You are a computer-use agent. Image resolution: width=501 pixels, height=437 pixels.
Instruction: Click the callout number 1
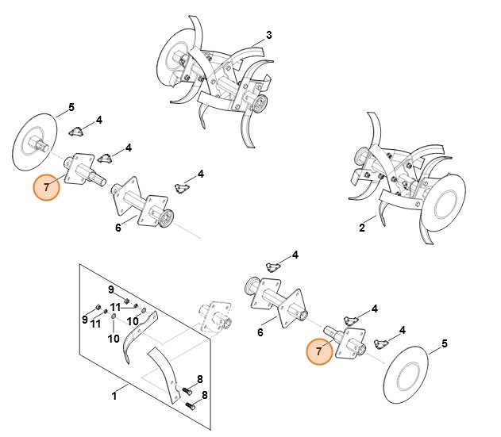(x=114, y=396)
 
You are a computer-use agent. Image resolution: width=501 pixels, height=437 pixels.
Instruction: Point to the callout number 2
(x=362, y=228)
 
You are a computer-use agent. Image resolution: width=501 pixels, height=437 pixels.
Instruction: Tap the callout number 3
(x=269, y=35)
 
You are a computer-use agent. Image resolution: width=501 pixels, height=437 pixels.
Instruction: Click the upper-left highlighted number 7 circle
(x=47, y=187)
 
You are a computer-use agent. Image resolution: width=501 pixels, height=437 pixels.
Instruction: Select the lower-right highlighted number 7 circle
(x=319, y=351)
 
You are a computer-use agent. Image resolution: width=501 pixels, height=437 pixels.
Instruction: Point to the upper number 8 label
(x=200, y=379)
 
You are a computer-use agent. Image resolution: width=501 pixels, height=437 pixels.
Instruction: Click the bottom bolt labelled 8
(x=190, y=406)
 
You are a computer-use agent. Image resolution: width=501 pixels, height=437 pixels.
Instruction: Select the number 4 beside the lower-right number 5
(x=403, y=330)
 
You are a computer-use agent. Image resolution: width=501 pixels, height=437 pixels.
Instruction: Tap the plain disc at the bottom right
(x=405, y=374)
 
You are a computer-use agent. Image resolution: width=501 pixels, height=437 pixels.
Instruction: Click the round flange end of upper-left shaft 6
(x=167, y=219)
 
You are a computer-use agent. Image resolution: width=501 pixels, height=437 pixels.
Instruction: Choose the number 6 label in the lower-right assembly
(x=260, y=332)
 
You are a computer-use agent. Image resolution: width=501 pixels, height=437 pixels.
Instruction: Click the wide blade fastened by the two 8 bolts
(x=164, y=374)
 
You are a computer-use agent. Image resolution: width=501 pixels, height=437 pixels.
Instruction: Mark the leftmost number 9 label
(x=85, y=319)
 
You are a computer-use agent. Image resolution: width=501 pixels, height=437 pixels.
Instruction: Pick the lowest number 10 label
(x=114, y=339)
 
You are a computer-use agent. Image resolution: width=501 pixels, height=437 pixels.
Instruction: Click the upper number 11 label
(x=115, y=307)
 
